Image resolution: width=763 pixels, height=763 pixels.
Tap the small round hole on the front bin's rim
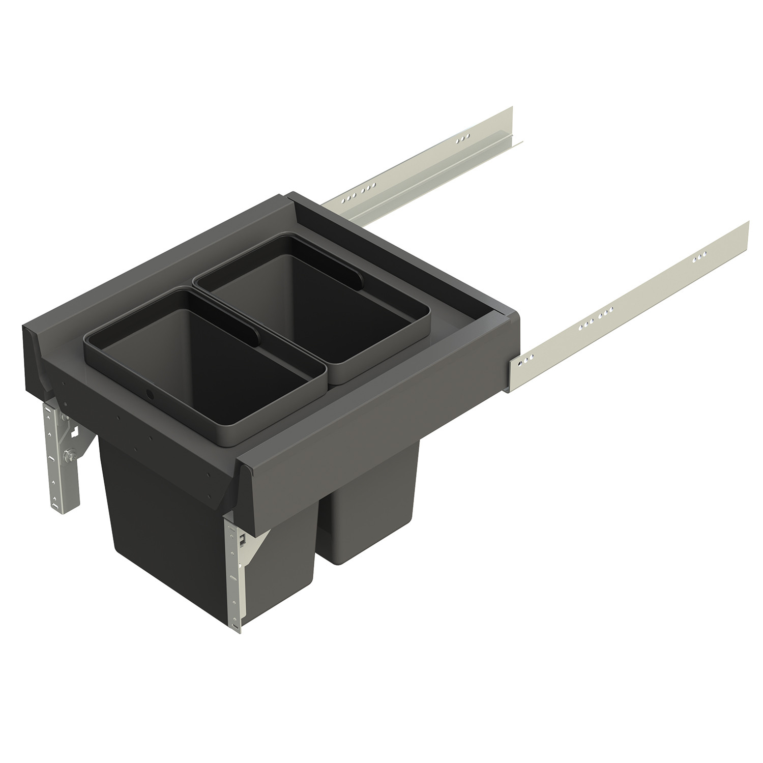pyautogui.click(x=149, y=395)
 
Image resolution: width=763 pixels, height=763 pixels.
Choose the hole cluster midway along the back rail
pyautogui.click(x=356, y=193)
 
